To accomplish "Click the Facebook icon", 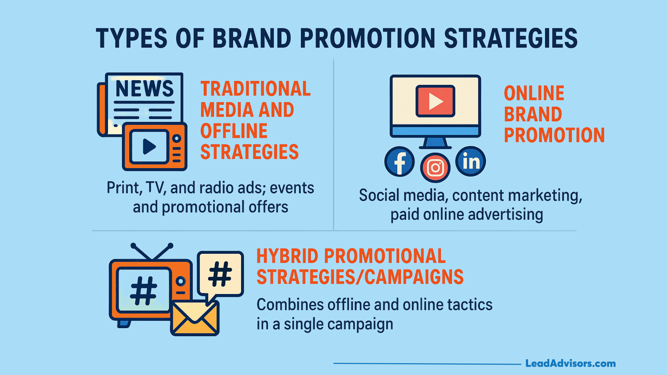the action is pyautogui.click(x=400, y=161).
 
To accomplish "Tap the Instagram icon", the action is pyautogui.click(x=435, y=168).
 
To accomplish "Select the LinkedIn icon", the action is pyautogui.click(x=471, y=161).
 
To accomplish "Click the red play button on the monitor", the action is pyautogui.click(x=435, y=101).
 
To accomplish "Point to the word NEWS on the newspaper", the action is pyautogui.click(x=145, y=89).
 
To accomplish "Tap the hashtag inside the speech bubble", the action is pyautogui.click(x=220, y=274).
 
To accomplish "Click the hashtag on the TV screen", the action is pyautogui.click(x=143, y=291).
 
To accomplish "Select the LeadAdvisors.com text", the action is pyautogui.click(x=570, y=364).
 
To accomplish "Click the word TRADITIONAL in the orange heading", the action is pyautogui.click(x=256, y=89).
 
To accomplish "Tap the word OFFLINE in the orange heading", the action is pyautogui.click(x=234, y=131).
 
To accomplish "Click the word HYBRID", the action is pyautogui.click(x=287, y=256).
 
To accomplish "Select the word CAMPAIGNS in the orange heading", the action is pyautogui.click(x=414, y=277).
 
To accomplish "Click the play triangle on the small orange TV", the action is pyautogui.click(x=149, y=147).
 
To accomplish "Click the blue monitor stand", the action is pyautogui.click(x=435, y=143).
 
